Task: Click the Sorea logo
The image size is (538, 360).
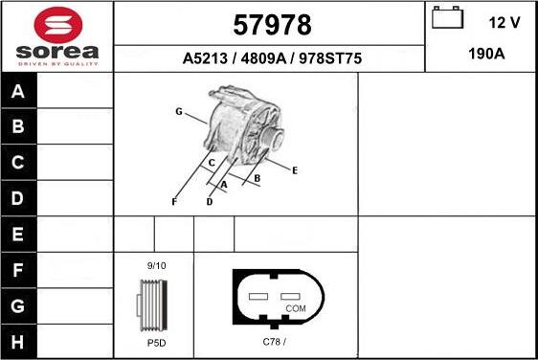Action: click(x=56, y=36)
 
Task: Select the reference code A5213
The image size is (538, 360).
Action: click(x=205, y=58)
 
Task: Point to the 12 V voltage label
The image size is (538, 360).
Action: click(x=504, y=21)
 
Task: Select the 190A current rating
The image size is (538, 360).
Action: click(x=485, y=55)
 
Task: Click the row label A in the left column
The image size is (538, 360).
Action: click(x=18, y=92)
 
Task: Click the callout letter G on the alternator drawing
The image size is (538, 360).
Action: click(x=178, y=112)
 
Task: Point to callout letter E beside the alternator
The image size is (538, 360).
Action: click(x=295, y=170)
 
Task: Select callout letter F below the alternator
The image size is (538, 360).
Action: click(x=173, y=202)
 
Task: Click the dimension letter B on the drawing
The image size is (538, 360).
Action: click(x=258, y=178)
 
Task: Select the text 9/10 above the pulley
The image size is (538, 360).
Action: click(x=155, y=265)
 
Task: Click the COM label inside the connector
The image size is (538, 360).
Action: click(x=297, y=308)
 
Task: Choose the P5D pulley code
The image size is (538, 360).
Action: click(x=155, y=342)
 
